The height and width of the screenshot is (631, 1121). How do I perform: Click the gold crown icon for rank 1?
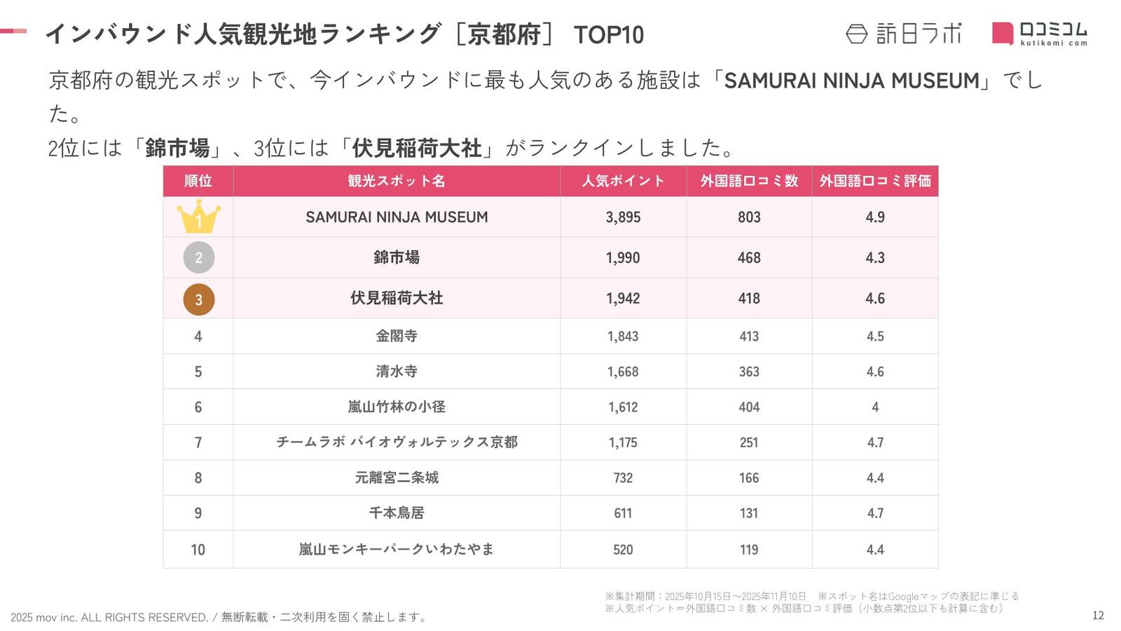pos(198,217)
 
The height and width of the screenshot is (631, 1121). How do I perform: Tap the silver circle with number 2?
pos(198,258)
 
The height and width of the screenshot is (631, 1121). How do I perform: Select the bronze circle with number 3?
pos(198,299)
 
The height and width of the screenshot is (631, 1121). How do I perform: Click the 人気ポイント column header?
pos(623,181)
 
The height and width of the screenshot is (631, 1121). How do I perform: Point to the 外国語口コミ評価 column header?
pos(875,181)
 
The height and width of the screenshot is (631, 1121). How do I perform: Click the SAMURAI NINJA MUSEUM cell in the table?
pos(397,217)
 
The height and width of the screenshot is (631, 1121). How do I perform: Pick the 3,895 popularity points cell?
pos(623,217)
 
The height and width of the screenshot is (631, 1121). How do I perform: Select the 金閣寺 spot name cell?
pos(397,337)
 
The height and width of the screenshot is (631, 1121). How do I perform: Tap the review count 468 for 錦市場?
pos(749,258)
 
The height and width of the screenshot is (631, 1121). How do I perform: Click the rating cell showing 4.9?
pos(875,217)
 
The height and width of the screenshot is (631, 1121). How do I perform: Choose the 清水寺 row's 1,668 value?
pos(623,372)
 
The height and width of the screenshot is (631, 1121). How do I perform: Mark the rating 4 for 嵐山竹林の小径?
pos(875,407)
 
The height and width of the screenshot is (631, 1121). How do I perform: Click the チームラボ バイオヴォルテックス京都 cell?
pos(397,442)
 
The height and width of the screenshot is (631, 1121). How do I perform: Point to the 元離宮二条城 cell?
pos(397,478)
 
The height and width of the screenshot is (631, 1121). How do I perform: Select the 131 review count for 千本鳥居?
pos(749,513)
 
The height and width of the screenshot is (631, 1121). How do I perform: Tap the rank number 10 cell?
pos(198,550)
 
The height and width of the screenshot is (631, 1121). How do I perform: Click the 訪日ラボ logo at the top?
pos(904,34)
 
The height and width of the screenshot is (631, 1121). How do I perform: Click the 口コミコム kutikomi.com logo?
pos(1040,34)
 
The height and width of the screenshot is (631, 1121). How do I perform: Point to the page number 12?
pos(1098,616)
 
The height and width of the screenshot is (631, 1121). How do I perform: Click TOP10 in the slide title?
pos(608,35)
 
